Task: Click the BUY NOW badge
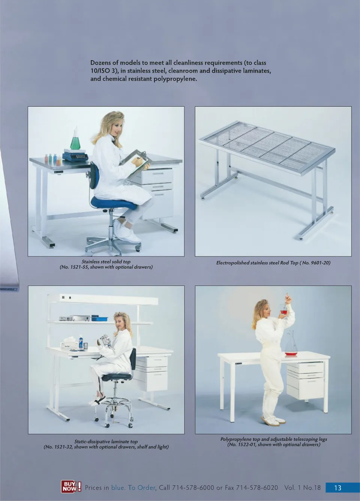(x=71, y=486)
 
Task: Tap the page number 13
(x=337, y=487)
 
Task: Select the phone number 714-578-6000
(x=193, y=487)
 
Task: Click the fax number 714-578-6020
(x=257, y=487)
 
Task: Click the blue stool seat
(x=114, y=203)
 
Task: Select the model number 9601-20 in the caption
(x=321, y=263)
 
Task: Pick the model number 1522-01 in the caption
(x=245, y=444)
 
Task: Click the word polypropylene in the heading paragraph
(x=175, y=79)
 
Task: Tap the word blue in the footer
(x=118, y=487)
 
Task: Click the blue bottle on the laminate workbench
(x=81, y=342)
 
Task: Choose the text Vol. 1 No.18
(x=302, y=487)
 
